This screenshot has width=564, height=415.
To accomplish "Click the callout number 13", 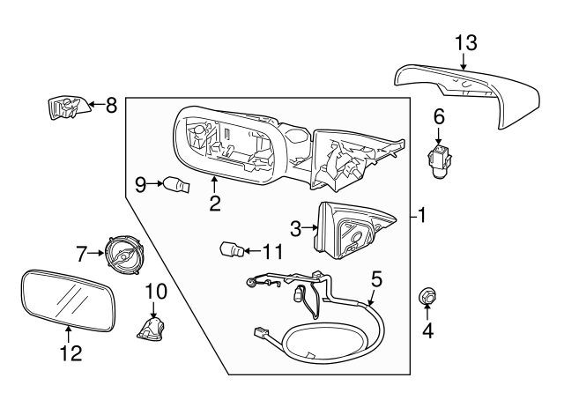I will pos(464,41).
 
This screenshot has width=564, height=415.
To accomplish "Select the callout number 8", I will pos(110,106).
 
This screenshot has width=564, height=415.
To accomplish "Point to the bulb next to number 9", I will pos(175,184).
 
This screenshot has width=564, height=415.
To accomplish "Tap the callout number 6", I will pos(439,115).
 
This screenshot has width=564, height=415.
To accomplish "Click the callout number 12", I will pos(70,353).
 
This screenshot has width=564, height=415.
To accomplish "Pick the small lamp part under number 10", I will pos(152,331).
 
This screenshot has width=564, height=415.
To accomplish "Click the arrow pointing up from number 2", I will pos(214,183).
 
